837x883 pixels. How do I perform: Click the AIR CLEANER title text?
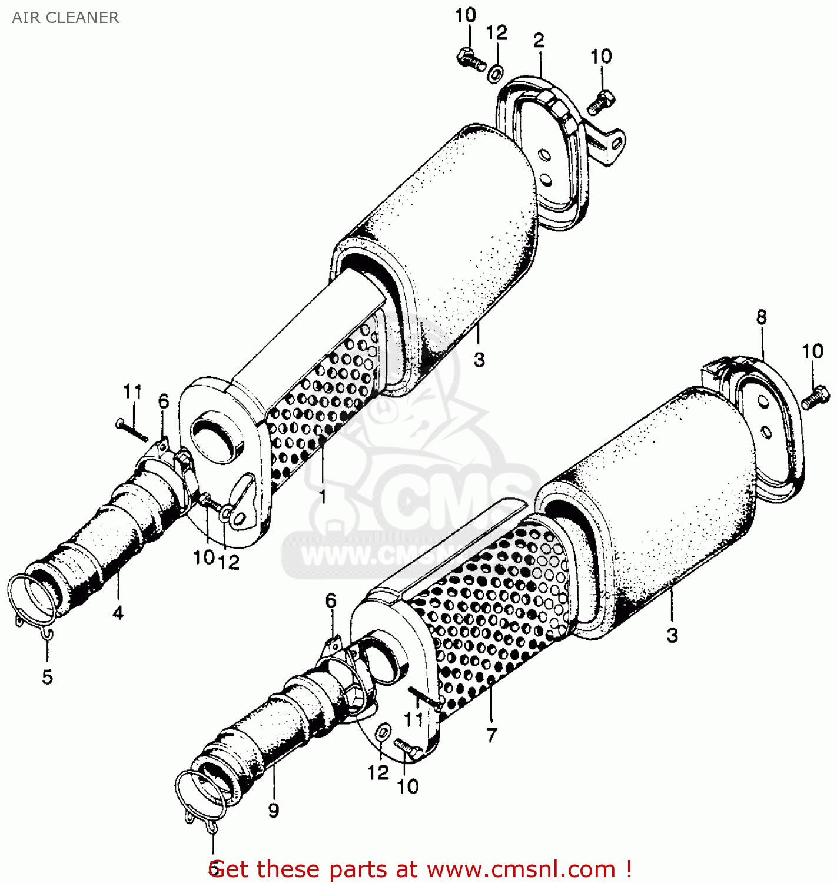pos(65,18)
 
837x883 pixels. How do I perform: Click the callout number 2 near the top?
pos(539,40)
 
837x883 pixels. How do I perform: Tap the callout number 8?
pos(762,318)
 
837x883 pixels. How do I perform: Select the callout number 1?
pos(323,497)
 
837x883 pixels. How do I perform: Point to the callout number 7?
pos(491,735)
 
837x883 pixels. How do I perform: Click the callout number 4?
pos(118,613)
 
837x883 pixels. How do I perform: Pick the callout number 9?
pos(274,811)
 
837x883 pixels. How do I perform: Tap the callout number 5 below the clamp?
pos(48,677)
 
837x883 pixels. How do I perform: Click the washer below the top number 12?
pos(496,74)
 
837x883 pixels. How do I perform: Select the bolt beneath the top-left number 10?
pos(470,58)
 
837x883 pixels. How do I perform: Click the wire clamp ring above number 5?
pos(32,600)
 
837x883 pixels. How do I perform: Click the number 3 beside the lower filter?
pos(672,635)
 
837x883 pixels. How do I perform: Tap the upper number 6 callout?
pos(164,401)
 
